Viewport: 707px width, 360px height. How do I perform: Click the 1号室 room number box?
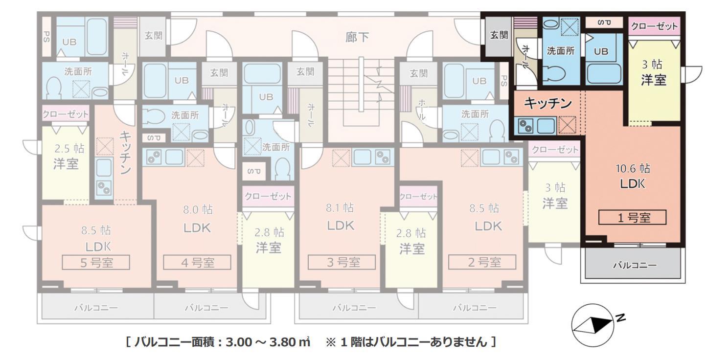point(633,218)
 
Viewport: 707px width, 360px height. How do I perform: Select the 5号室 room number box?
point(96,263)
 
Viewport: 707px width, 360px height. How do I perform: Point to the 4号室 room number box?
point(197,263)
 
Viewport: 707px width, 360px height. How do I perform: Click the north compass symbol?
point(592,324)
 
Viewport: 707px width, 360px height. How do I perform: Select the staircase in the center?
point(361,93)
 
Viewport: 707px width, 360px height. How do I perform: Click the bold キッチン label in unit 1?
point(547,103)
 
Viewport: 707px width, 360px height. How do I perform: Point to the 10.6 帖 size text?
point(633,169)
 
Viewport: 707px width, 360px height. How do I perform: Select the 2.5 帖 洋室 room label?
point(66,157)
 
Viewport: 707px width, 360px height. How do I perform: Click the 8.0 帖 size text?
point(197,210)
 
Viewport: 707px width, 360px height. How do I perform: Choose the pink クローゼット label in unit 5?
point(66,114)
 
